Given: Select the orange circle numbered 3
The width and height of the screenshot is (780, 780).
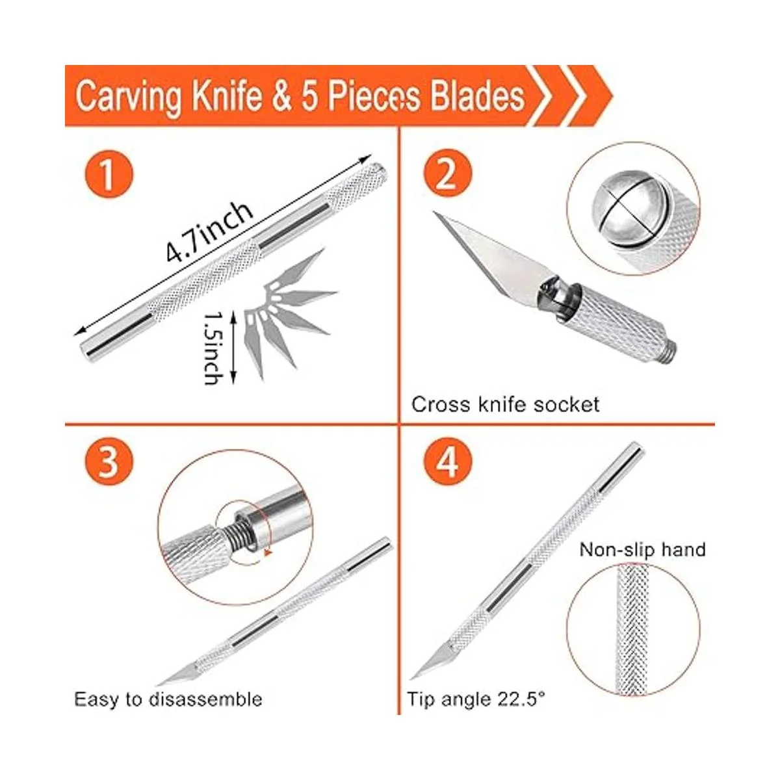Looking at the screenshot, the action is point(109,461).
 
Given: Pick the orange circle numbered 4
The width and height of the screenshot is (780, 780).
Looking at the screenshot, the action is point(448,461).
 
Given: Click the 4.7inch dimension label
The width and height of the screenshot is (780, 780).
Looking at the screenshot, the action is point(209,232).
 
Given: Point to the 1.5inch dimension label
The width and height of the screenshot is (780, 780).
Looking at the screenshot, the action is point(213,347).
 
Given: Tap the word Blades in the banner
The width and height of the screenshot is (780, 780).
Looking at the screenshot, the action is point(477,96).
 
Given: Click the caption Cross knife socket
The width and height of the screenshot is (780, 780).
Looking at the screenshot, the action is point(505,404).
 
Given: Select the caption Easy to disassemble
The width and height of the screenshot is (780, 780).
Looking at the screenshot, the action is point(168,699).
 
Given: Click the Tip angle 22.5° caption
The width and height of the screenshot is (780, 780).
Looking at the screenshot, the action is point(476,699).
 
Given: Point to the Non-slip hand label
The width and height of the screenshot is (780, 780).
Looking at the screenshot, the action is point(642,550).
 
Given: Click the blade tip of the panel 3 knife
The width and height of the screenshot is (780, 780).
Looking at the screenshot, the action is point(159,684).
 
